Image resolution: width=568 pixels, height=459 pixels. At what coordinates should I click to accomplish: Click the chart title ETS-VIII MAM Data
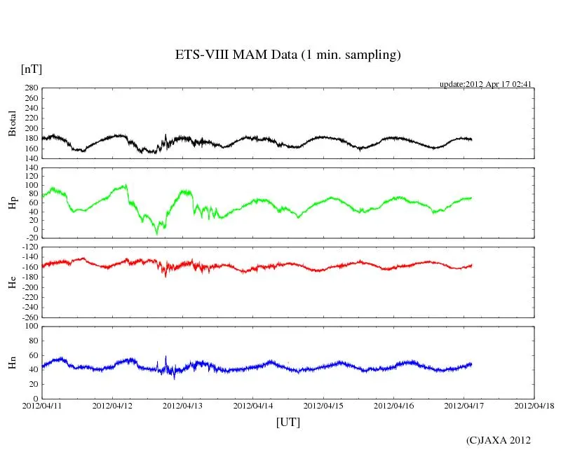tap(288, 55)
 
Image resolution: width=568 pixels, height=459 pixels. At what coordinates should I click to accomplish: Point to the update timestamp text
tap(486, 84)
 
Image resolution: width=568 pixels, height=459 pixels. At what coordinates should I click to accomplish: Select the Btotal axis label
tap(12, 123)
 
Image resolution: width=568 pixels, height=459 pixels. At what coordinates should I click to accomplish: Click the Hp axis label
tap(12, 203)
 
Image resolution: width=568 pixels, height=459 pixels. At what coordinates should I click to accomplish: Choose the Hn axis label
tap(12, 362)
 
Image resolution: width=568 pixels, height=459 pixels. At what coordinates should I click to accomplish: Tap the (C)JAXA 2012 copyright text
tap(498, 440)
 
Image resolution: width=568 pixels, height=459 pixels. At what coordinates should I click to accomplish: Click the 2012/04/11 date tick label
tap(42, 405)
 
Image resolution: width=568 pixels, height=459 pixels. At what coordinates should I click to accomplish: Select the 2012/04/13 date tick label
tap(183, 405)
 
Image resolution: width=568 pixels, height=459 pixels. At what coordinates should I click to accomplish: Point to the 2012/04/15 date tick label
tap(324, 405)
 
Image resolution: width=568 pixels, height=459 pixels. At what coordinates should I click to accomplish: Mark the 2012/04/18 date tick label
tap(534, 405)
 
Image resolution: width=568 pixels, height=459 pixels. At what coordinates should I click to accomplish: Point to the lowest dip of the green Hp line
tap(157, 233)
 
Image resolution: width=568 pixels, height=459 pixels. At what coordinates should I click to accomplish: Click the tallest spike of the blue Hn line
tap(166, 357)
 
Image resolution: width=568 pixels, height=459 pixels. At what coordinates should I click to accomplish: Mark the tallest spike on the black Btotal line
tap(165, 135)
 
